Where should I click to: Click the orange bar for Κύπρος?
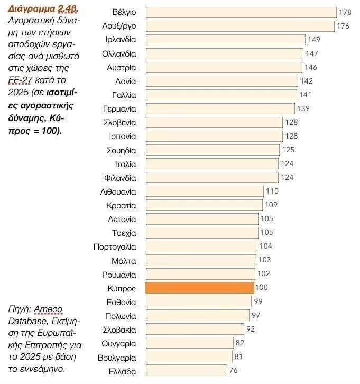pyautogui.click(x=199, y=288)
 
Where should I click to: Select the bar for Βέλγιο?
pyautogui.click(x=241, y=12)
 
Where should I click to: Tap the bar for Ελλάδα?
pyautogui.click(x=186, y=371)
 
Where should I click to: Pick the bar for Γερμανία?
pyautogui.click(x=220, y=108)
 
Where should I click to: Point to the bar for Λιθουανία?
pyautogui.click(x=204, y=191)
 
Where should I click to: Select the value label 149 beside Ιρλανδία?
pyautogui.click(x=313, y=40)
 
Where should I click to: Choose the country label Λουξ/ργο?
pyautogui.click(x=119, y=26)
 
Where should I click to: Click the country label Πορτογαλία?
pyautogui.click(x=115, y=246)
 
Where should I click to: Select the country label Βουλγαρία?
pyautogui.click(x=117, y=357)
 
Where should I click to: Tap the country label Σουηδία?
pyautogui.click(x=121, y=150)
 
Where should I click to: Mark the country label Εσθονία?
pyautogui.click(x=121, y=302)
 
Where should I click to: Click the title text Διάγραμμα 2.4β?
pyautogui.click(x=40, y=10)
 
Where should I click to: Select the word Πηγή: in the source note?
pyautogui.click(x=20, y=309)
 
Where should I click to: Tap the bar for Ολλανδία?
pyautogui.click(x=224, y=53)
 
